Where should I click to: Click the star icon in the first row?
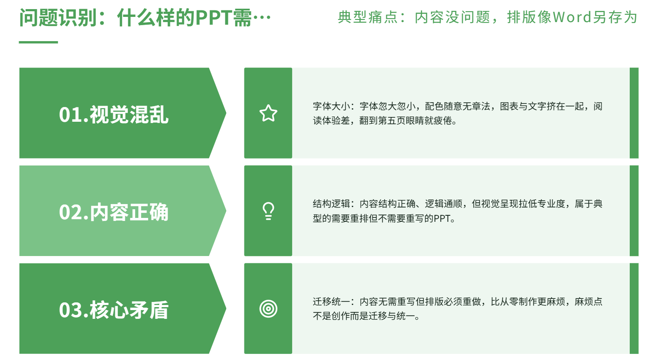[268, 113]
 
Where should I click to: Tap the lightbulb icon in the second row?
[268, 211]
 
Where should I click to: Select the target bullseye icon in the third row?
[268, 308]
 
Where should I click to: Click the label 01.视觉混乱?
[114, 114]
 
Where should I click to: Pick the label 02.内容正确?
[114, 212]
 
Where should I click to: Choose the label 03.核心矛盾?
[114, 310]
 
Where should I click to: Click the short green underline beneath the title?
[38, 42]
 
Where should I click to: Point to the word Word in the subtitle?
[572, 17]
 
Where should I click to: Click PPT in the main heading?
[214, 18]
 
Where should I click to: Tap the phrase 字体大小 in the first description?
[332, 106]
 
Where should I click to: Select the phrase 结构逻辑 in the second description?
[332, 204]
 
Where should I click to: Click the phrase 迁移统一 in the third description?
[332, 302]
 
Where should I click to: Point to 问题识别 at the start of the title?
[58, 18]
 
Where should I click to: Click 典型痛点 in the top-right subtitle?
[368, 17]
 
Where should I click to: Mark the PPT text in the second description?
[442, 218]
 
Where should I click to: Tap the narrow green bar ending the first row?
[634, 113]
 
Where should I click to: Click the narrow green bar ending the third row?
[634, 308]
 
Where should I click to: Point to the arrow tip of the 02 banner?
[226, 211]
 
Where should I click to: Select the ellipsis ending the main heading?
[262, 18]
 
